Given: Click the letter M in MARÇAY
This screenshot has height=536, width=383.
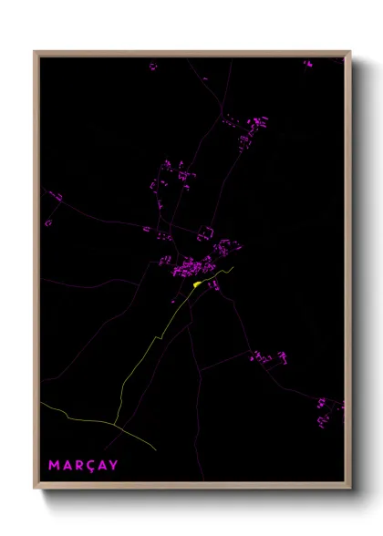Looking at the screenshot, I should (x=54, y=466).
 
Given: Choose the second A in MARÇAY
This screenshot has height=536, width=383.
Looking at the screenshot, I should (x=102, y=466).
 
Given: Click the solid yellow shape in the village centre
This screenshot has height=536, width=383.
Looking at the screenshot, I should (x=197, y=283).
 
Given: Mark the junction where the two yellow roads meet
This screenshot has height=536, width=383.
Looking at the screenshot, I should (x=115, y=424).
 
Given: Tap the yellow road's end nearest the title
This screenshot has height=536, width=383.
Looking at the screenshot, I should (x=156, y=450).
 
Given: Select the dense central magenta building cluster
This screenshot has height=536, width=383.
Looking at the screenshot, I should (x=191, y=267).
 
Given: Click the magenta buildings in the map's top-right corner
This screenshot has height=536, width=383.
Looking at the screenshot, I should (x=308, y=65).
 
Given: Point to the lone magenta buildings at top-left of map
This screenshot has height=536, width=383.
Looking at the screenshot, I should (x=152, y=66).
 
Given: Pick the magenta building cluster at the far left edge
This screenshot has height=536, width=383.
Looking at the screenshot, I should (x=54, y=196).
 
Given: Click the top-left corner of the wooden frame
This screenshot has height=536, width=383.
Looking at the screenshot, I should (x=35, y=52).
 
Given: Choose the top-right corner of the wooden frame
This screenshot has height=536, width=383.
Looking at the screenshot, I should (x=350, y=52).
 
